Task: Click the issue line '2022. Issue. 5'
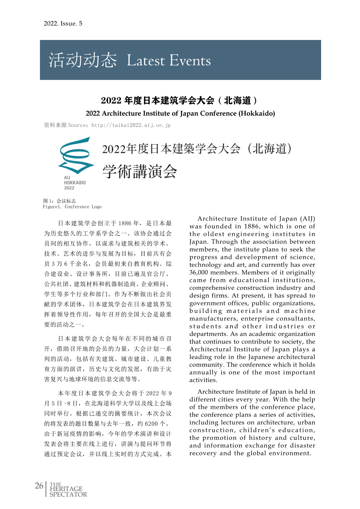click(x=63, y=23)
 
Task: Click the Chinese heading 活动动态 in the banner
click(x=83, y=60)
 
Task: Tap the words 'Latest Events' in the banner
click(x=169, y=61)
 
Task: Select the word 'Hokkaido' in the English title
click(x=256, y=114)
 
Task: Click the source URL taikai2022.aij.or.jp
click(x=131, y=125)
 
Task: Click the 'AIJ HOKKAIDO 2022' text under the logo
click(x=75, y=183)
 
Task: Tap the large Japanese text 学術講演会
click(x=140, y=171)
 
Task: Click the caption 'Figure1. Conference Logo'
click(x=72, y=207)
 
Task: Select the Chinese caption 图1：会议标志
click(x=59, y=201)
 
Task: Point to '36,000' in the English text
click(x=199, y=273)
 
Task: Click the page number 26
click(x=39, y=486)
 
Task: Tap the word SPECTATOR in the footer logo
click(x=68, y=495)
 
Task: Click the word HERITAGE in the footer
click(x=66, y=489)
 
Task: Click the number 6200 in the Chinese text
click(x=152, y=424)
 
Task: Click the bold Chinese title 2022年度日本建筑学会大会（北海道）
click(x=179, y=101)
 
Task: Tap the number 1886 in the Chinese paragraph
click(x=125, y=223)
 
